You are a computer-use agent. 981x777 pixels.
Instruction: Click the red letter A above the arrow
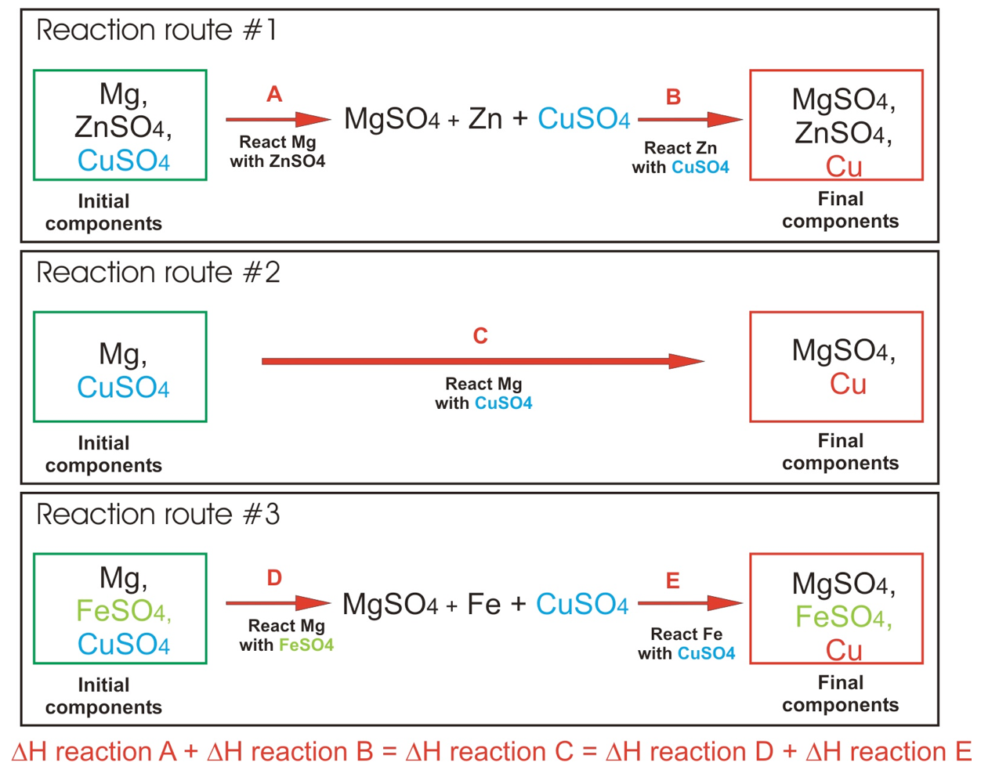(x=274, y=95)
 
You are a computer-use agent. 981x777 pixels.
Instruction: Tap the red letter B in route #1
(x=673, y=97)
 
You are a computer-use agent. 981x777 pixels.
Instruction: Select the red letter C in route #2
(x=480, y=336)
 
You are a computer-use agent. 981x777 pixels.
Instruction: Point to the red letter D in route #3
(x=274, y=578)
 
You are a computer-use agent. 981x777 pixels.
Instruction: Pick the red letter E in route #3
(x=672, y=580)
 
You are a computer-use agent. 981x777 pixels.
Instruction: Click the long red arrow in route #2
(x=482, y=361)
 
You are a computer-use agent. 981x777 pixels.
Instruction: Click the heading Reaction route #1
(x=156, y=31)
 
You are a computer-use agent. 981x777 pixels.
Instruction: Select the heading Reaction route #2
(x=157, y=273)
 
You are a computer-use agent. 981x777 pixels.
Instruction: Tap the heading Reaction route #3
(x=157, y=515)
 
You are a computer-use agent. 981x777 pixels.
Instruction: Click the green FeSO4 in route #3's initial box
(x=123, y=611)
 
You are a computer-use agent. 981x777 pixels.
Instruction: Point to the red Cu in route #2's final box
(x=848, y=384)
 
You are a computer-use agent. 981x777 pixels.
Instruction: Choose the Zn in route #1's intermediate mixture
(x=485, y=119)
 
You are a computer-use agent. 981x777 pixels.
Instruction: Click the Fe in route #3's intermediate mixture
(x=483, y=604)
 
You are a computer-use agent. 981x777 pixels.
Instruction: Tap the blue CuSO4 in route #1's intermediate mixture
(x=584, y=119)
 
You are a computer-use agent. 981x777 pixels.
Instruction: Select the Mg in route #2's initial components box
(x=122, y=354)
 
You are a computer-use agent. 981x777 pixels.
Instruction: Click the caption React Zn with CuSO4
(x=680, y=157)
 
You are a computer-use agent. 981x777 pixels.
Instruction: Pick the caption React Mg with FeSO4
(x=286, y=635)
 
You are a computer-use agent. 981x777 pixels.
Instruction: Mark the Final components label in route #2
(x=840, y=452)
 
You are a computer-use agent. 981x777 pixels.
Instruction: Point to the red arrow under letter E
(x=690, y=603)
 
